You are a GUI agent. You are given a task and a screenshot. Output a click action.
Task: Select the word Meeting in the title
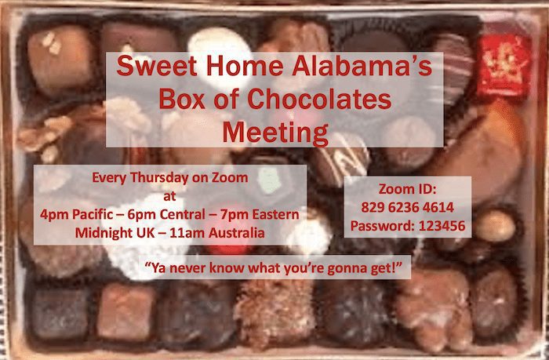[274, 131]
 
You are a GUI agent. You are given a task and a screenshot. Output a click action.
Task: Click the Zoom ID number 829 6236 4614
[406, 208]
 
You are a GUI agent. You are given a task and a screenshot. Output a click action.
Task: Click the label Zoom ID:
[406, 190]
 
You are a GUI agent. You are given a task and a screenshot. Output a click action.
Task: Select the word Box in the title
[184, 100]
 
